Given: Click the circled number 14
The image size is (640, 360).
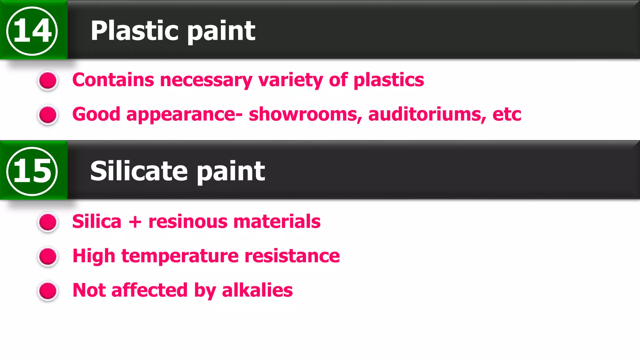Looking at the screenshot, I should click(32, 31).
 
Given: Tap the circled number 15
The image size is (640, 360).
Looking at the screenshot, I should click(32, 171).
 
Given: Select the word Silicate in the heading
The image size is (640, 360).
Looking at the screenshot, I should click(139, 171).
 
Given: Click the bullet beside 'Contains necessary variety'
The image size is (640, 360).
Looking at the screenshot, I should click(48, 80).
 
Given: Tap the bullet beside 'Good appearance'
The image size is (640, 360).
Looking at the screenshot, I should click(48, 115).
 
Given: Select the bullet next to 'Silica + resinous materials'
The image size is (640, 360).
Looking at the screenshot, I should click(48, 222).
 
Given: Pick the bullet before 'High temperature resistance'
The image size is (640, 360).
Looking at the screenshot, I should click(48, 257).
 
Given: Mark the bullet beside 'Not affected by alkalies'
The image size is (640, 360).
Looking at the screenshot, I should click(48, 291).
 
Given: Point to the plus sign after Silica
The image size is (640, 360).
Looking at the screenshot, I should click(135, 222).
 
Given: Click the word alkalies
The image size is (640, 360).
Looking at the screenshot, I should click(257, 290).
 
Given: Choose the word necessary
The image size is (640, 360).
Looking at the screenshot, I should click(206, 80).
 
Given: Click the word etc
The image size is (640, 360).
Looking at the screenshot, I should click(507, 114).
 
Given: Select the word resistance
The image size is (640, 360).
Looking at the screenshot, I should click(292, 256).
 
